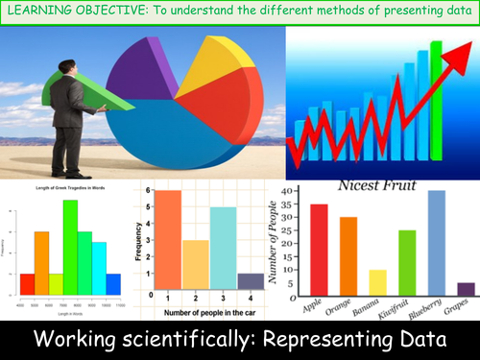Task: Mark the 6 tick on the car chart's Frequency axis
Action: pos(150,190)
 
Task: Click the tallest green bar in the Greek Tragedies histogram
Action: pos(70,247)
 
